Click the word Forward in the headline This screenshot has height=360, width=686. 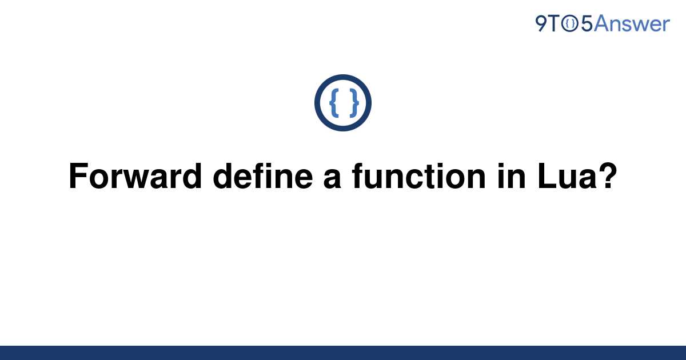pos(135,176)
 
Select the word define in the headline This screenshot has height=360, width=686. pos(263,176)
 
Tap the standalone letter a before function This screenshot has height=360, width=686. pos(332,179)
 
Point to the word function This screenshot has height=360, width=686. pos(418,176)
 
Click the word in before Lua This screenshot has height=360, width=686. pos(512,176)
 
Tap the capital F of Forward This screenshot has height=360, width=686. pos(78,176)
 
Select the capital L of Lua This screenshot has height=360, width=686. pos(547,176)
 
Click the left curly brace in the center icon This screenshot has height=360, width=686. pos(334,103)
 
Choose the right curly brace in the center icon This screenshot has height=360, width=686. pos(354,103)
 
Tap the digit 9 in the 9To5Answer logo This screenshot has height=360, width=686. pos(541,23)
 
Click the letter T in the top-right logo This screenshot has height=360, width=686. pos(554,23)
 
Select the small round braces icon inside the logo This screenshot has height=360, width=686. pos(570,24)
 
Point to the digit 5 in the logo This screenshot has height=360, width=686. pos(587,23)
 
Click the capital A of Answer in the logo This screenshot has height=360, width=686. pos(601,23)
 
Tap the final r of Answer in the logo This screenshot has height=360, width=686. pos(665,26)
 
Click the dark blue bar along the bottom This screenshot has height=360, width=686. pos(343,353)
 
